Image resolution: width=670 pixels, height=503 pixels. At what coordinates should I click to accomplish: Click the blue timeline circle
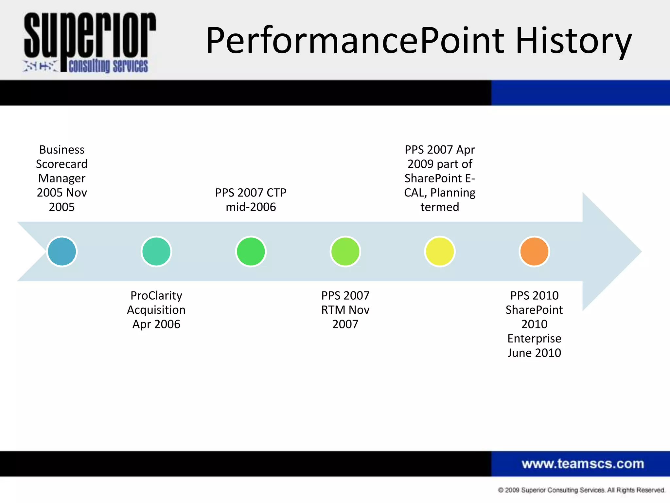coord(62,251)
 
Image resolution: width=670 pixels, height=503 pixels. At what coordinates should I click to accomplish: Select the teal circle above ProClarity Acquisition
coord(156,251)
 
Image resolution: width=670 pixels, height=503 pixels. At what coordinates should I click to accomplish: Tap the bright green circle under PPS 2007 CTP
coord(251,251)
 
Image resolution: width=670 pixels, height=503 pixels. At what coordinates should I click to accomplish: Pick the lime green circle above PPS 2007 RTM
coord(345,251)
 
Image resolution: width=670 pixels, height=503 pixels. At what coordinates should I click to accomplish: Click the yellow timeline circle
coord(440,251)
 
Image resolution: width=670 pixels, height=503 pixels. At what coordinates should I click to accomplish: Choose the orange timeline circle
coord(534,251)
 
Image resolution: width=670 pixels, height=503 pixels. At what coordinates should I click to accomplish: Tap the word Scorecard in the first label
coord(62,164)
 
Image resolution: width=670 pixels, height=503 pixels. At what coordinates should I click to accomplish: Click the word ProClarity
coord(156,295)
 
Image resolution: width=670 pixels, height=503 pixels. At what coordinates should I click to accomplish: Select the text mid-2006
coord(251,207)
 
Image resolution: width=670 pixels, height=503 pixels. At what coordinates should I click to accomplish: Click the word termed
coord(440,207)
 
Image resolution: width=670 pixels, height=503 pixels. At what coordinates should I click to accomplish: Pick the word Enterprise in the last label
coord(534,338)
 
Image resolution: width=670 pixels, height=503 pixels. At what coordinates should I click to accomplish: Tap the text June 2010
coord(534,353)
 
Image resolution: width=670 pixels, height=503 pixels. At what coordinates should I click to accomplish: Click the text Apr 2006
coord(156,324)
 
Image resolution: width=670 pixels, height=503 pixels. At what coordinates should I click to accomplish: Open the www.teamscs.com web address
coord(582,464)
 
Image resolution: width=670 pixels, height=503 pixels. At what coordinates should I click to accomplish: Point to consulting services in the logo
coord(108,66)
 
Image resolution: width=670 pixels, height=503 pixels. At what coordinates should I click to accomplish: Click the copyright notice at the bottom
coord(581,490)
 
